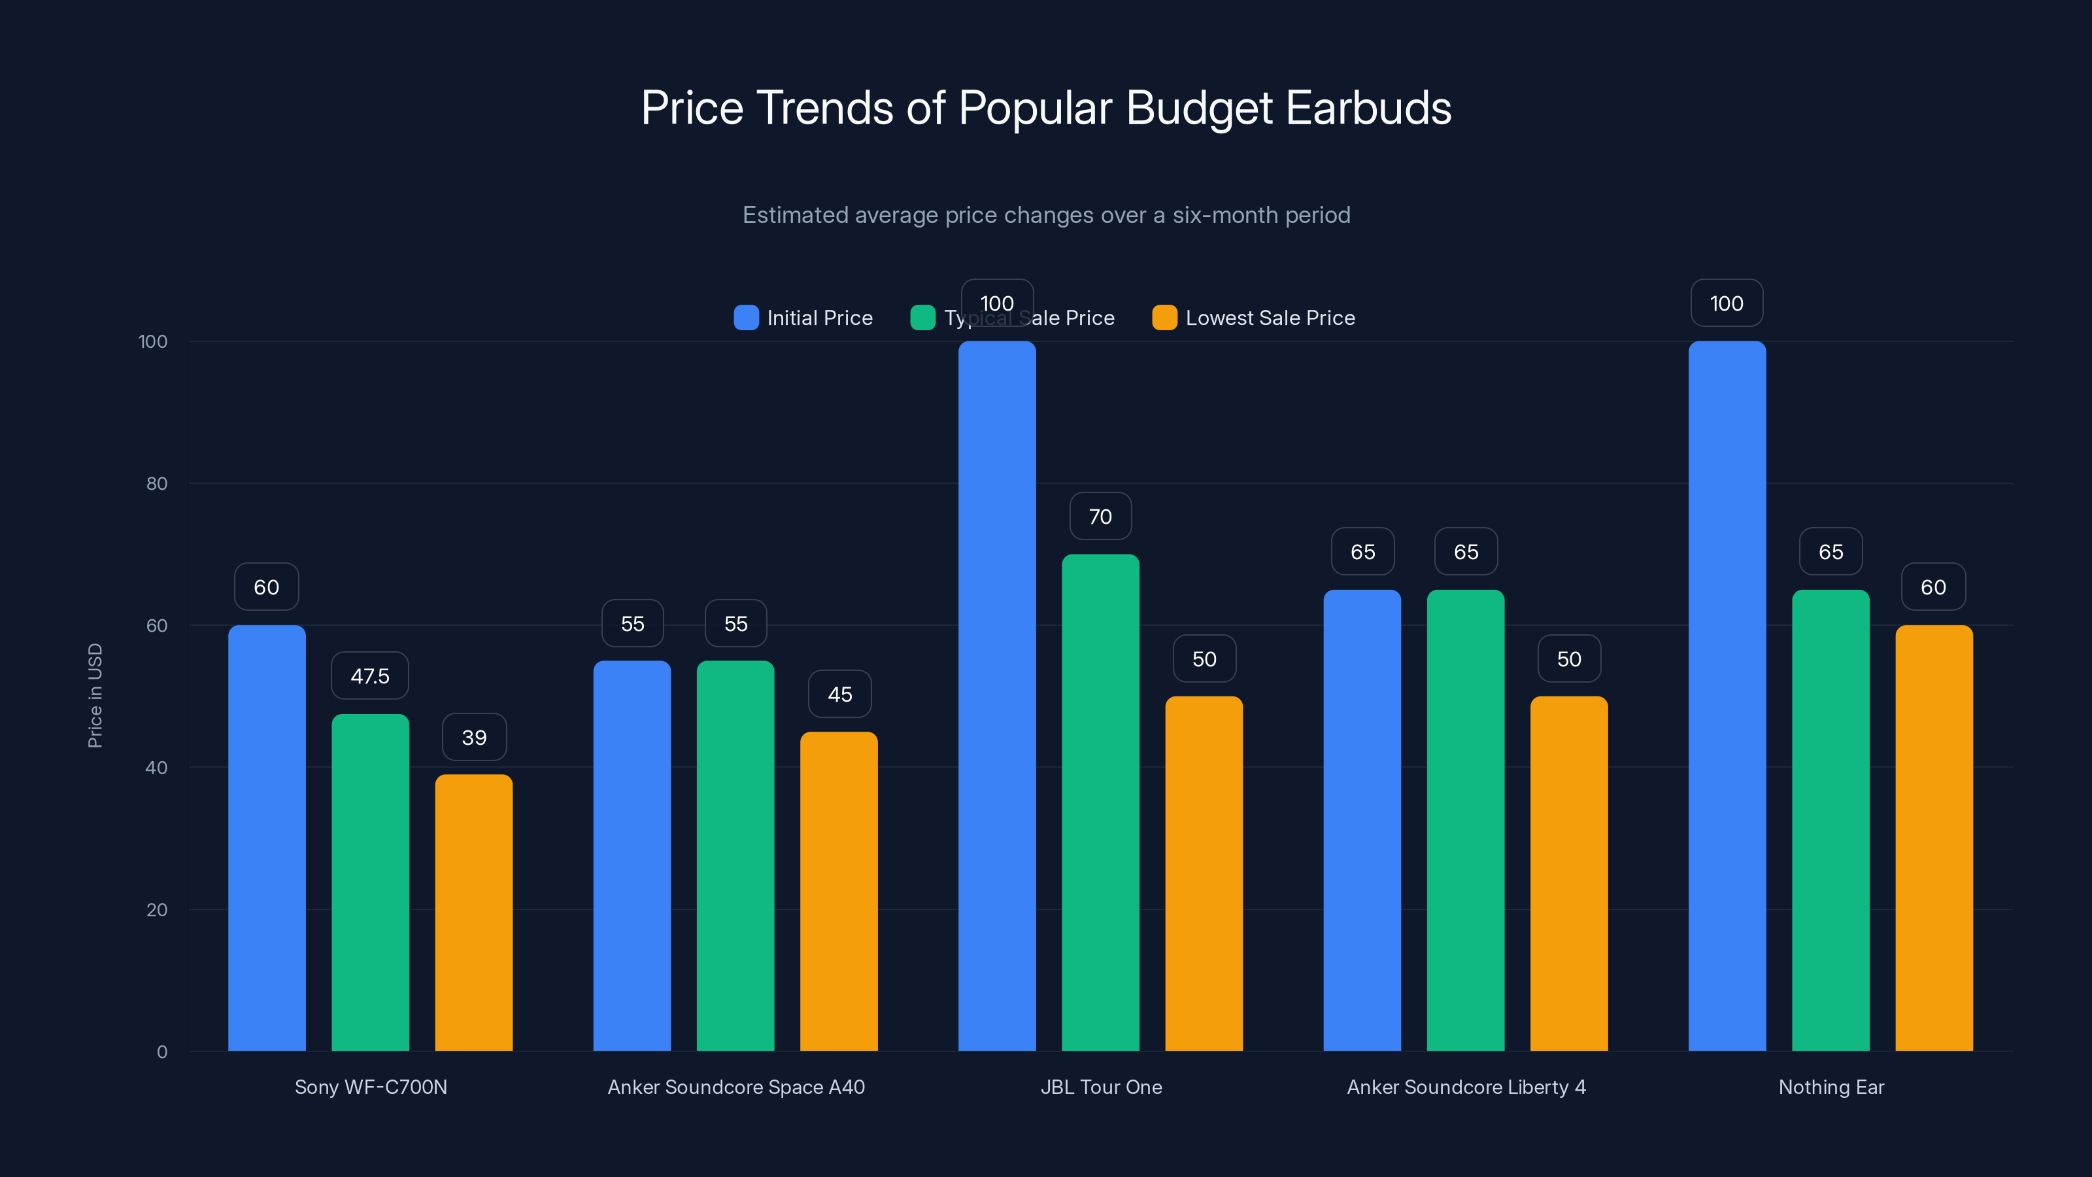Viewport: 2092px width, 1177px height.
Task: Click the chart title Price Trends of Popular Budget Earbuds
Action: pyautogui.click(x=1046, y=108)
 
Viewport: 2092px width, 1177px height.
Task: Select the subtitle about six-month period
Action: pyautogui.click(x=1046, y=215)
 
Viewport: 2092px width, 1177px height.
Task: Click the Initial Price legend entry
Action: pyautogui.click(x=803, y=318)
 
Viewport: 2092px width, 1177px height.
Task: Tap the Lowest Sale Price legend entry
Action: pyautogui.click(x=1254, y=318)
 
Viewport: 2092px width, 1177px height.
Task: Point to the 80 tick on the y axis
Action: pyautogui.click(x=157, y=483)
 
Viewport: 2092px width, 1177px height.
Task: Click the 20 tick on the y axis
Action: pyautogui.click(x=157, y=910)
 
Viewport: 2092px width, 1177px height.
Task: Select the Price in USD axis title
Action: pyautogui.click(x=95, y=695)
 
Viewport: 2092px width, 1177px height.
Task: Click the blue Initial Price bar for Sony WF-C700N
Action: pyautogui.click(x=267, y=837)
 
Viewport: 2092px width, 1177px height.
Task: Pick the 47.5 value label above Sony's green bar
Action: pyautogui.click(x=369, y=676)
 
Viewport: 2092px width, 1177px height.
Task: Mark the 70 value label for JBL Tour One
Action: pyautogui.click(x=1100, y=517)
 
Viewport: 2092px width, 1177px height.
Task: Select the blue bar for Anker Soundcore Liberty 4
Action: pyautogui.click(x=1362, y=821)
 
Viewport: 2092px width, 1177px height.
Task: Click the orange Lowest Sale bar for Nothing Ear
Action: pyautogui.click(x=1934, y=838)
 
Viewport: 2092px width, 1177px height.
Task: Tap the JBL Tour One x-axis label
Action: pyautogui.click(x=1101, y=1087)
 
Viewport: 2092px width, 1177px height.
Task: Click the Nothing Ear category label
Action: pyautogui.click(x=1831, y=1087)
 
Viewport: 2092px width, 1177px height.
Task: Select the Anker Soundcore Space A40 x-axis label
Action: pyautogui.click(x=735, y=1087)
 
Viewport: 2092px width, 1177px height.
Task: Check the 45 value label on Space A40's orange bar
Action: pyautogui.click(x=839, y=694)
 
